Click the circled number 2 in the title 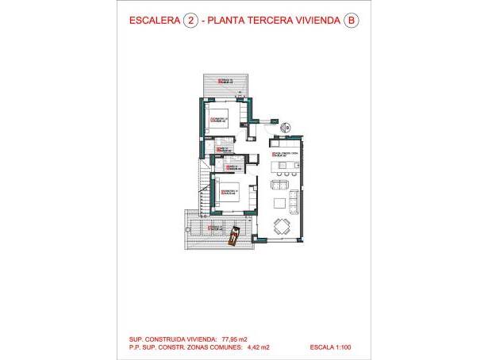pyautogui.click(x=190, y=22)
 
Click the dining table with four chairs pyautogui.click(x=281, y=226)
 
